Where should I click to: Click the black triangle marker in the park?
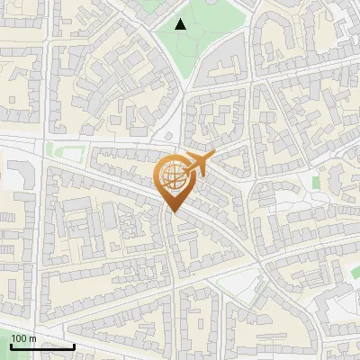pyautogui.click(x=181, y=24)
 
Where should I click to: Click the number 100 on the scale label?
pyautogui.click(x=19, y=338)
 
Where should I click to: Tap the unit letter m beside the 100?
pyautogui.click(x=32, y=338)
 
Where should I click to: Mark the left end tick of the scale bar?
pyautogui.click(x=11, y=346)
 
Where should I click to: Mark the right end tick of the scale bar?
pyautogui.click(x=74, y=346)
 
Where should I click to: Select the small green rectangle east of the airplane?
pyautogui.click(x=317, y=183)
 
